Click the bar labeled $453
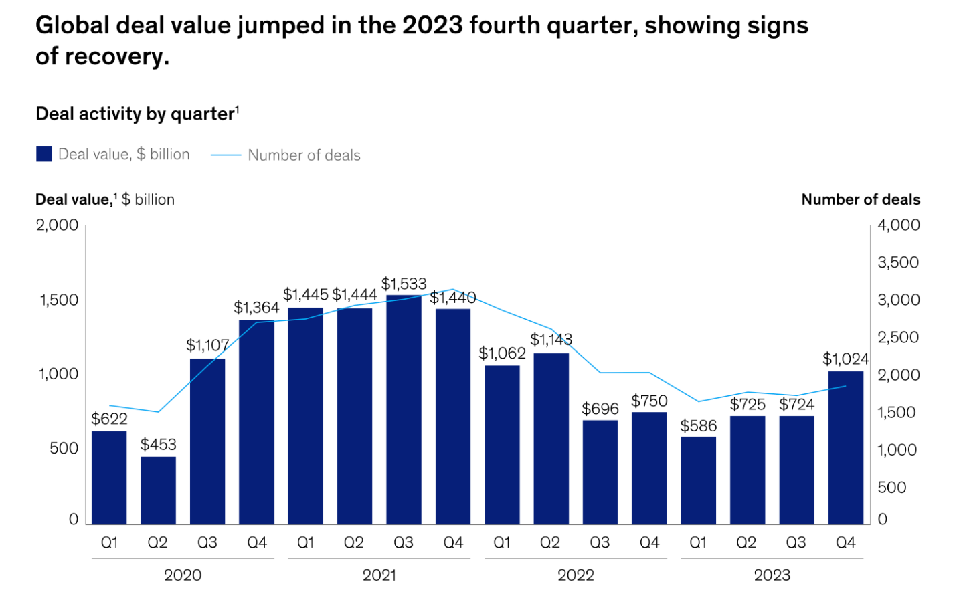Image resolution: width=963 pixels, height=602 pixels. tap(158, 490)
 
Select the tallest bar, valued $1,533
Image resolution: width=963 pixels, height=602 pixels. tap(404, 409)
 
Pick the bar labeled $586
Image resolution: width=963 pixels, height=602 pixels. tap(698, 480)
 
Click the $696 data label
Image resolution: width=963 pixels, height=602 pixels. tap(600, 409)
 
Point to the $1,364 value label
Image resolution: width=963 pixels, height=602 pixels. tap(256, 308)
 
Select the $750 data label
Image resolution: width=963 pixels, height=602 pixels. tap(649, 401)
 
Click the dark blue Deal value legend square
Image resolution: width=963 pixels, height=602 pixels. tap(44, 155)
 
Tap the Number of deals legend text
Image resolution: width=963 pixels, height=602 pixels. tap(304, 155)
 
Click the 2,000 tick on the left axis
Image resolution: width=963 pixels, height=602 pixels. tap(58, 225)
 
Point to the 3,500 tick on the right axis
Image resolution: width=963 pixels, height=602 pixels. tap(898, 262)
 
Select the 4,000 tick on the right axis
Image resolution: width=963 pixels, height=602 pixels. tap(898, 225)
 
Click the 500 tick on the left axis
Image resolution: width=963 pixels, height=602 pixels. tap(64, 448)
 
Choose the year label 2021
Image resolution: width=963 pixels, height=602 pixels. tap(379, 575)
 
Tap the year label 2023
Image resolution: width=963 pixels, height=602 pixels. tap(772, 575)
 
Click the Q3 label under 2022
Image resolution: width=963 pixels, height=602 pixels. tap(600, 542)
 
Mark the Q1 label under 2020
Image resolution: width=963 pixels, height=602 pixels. tap(109, 542)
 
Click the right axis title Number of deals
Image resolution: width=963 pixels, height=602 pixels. tap(860, 199)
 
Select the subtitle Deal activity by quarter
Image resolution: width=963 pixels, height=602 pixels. tap(136, 114)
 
